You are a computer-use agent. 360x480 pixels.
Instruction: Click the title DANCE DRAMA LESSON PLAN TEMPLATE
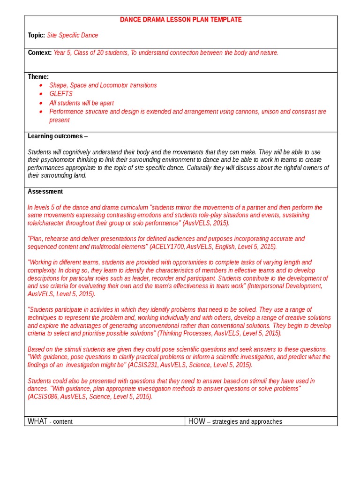[x=181, y=20]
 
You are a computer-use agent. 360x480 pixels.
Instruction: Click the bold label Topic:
[x=36, y=35]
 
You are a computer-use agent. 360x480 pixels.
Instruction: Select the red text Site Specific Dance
[x=73, y=35]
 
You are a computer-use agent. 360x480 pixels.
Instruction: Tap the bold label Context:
[x=39, y=52]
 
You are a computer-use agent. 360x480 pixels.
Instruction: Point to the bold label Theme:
[x=38, y=77]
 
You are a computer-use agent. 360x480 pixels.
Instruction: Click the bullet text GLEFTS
[x=61, y=94]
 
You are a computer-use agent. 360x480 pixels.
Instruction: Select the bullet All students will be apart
[x=82, y=103]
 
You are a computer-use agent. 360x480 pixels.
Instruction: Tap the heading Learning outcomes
[x=55, y=136]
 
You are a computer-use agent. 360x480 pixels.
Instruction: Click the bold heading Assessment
[x=45, y=191]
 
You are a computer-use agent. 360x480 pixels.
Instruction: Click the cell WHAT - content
[x=50, y=421]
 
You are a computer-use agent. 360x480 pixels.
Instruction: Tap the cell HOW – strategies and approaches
[x=235, y=421]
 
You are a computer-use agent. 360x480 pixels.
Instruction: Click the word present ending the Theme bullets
[x=60, y=120]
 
